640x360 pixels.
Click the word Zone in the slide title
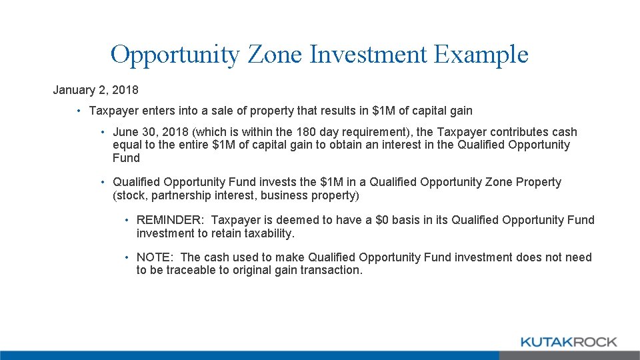(x=275, y=54)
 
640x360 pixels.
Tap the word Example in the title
(x=481, y=54)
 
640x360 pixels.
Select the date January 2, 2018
(x=96, y=89)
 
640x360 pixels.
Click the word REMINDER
(x=170, y=220)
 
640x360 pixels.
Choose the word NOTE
(x=155, y=257)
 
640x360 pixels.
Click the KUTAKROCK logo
(x=568, y=342)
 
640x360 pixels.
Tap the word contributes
(x=506, y=132)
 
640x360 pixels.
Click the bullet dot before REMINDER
(x=126, y=221)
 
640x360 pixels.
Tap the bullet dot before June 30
(x=103, y=133)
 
